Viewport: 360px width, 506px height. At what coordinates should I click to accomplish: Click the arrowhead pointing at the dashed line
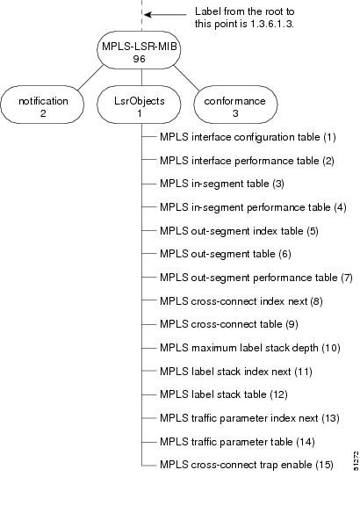click(149, 15)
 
